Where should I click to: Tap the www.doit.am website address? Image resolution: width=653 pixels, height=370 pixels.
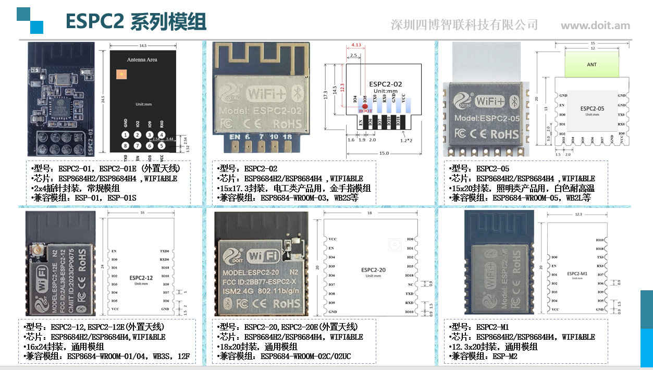595,26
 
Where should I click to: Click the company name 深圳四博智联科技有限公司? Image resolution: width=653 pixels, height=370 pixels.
464,25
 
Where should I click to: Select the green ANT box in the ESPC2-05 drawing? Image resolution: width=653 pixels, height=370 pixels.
592,65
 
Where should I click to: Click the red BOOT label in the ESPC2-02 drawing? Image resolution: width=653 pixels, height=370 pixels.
365,110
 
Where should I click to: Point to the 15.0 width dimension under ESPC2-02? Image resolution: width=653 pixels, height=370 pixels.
384,153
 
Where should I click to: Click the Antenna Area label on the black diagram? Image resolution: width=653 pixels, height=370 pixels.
142,60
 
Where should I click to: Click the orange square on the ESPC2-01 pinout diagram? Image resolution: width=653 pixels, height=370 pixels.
122,75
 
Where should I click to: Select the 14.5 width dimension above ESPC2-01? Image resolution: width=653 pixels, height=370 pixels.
142,46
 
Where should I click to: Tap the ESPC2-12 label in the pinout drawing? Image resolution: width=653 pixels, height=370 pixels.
141,278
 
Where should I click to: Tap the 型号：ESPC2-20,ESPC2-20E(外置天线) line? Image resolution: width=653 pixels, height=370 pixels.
287,327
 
